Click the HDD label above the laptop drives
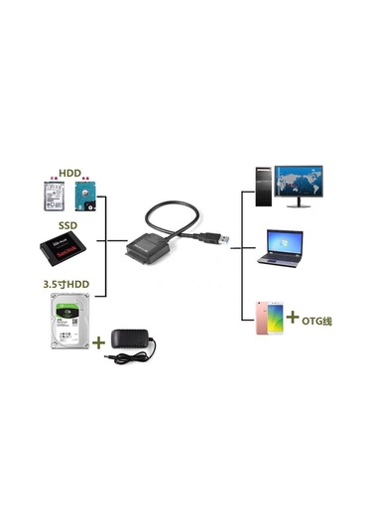click(68, 173)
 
